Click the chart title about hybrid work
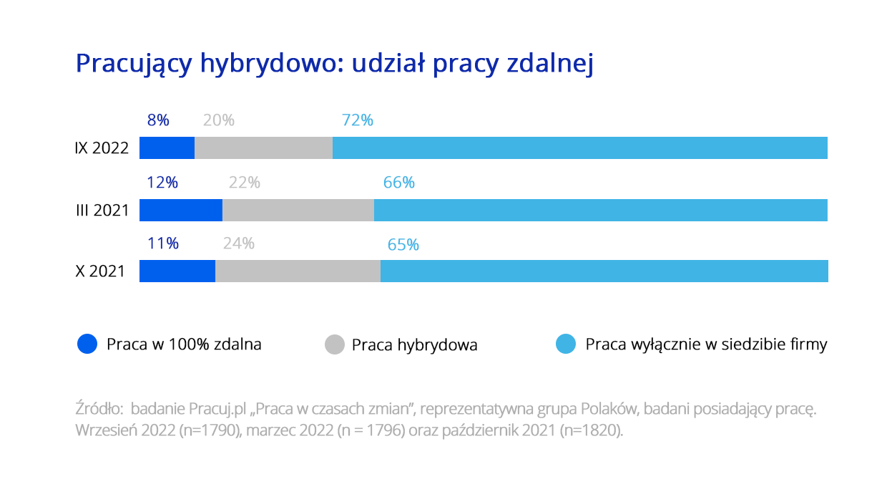point(335,64)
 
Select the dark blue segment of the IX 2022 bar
point(167,148)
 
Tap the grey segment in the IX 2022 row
point(263,148)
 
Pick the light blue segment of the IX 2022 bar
point(579,148)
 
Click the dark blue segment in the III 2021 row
point(180,210)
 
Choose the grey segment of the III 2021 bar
point(298,210)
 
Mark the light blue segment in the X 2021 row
point(604,271)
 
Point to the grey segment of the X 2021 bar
point(298,271)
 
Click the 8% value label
point(158,120)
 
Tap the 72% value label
point(358,120)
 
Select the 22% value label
point(245,183)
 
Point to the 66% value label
point(399,183)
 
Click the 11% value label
point(162,243)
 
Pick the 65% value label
point(403,245)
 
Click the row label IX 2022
point(102,148)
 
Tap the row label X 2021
point(100,271)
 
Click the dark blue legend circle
point(87,344)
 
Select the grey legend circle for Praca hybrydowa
point(335,344)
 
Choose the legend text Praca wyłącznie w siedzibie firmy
point(706,344)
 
